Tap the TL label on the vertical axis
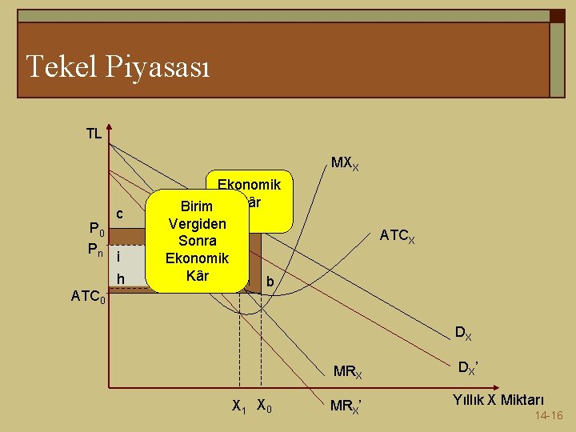pos(94,134)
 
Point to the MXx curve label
pos(345,166)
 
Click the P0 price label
pos(95,233)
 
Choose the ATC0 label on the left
pos(86,296)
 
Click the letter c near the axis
pos(119,214)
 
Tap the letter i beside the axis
pos(118,257)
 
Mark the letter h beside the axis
pos(121,278)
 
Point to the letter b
pos(270,282)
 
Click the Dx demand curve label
pos(463,332)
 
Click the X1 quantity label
pos(238,406)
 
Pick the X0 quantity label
pos(264,406)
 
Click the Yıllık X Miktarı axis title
pos(499,399)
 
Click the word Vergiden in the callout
pos(197,223)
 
